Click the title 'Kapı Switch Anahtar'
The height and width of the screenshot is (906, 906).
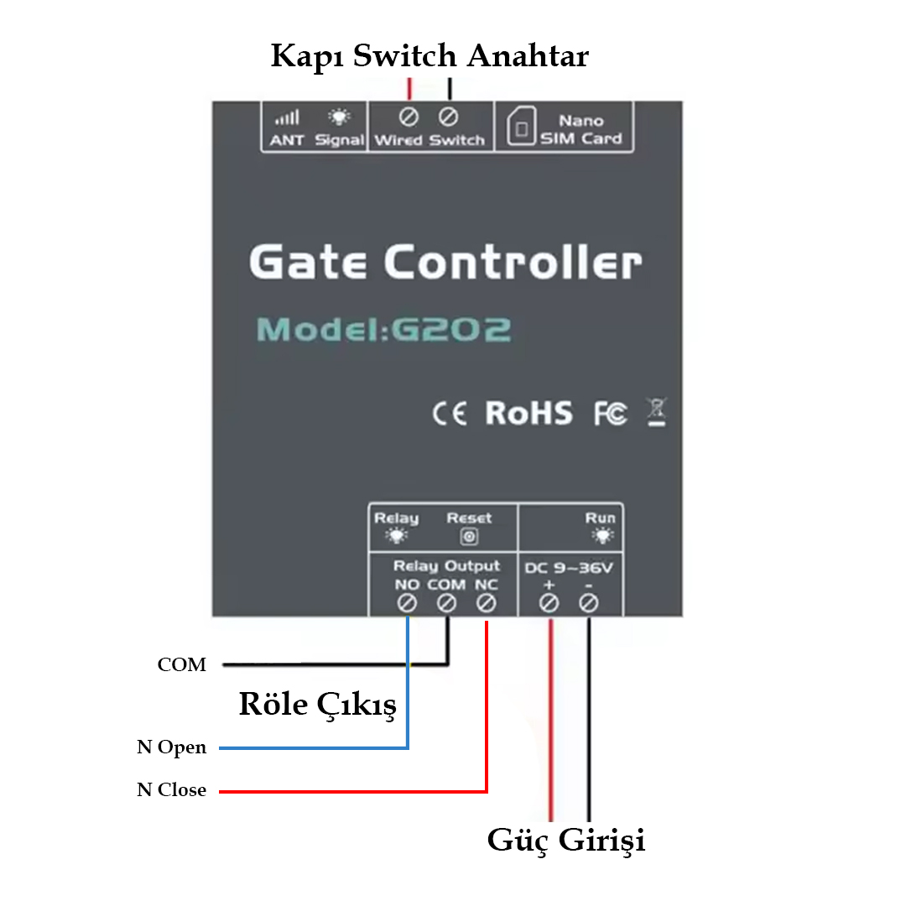[430, 56]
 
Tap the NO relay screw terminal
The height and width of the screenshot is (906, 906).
[407, 602]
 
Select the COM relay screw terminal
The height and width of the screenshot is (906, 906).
[446, 602]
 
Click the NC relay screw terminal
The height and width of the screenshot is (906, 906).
[487, 602]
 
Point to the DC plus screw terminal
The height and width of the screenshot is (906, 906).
[549, 602]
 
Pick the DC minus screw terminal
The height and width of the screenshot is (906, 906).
[589, 602]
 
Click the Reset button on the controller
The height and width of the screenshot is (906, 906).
[470, 537]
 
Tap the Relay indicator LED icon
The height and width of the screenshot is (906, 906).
[396, 537]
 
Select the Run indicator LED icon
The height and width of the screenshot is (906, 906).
[601, 535]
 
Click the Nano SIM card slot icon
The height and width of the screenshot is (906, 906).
[521, 130]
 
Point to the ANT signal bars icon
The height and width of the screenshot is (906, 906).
[287, 118]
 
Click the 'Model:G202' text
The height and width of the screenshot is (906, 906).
[383, 329]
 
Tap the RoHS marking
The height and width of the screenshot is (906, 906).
[528, 413]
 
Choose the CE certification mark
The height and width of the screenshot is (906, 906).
[450, 414]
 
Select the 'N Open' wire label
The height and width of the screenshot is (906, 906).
[171, 747]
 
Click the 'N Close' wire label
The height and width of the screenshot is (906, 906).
[171, 790]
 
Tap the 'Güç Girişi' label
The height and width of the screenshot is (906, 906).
[566, 840]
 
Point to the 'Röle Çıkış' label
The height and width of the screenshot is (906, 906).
[317, 705]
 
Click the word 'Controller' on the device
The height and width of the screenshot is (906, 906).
[513, 262]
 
